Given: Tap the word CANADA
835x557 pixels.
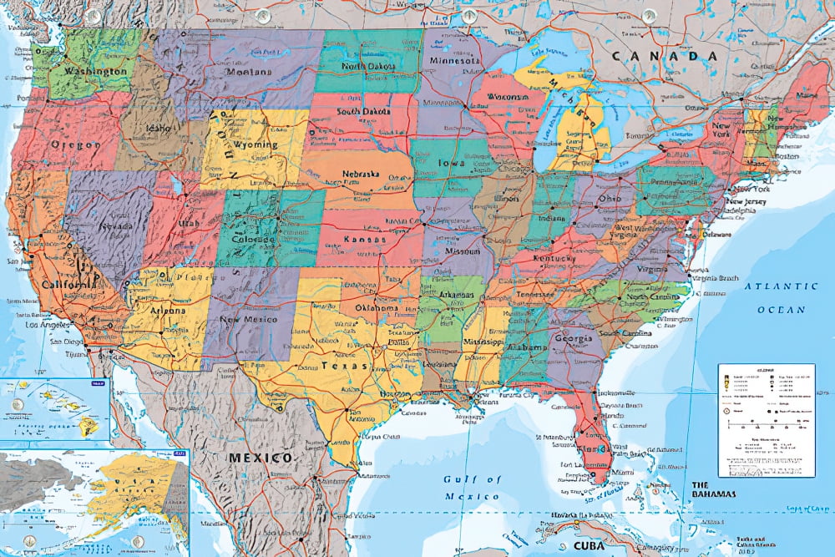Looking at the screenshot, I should click(x=665, y=56).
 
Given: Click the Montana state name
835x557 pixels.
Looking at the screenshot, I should click(x=248, y=71).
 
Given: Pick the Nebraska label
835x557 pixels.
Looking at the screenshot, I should click(x=361, y=175).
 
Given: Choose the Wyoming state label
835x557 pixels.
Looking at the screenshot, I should click(x=256, y=144).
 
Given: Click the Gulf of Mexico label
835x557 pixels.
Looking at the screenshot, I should click(x=472, y=487).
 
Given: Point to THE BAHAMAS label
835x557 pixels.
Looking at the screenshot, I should click(x=711, y=489).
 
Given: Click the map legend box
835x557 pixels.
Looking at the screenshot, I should click(x=766, y=418).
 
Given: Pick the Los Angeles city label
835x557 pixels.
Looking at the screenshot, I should click(x=48, y=324).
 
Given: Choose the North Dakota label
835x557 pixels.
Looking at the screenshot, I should click(x=368, y=66).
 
